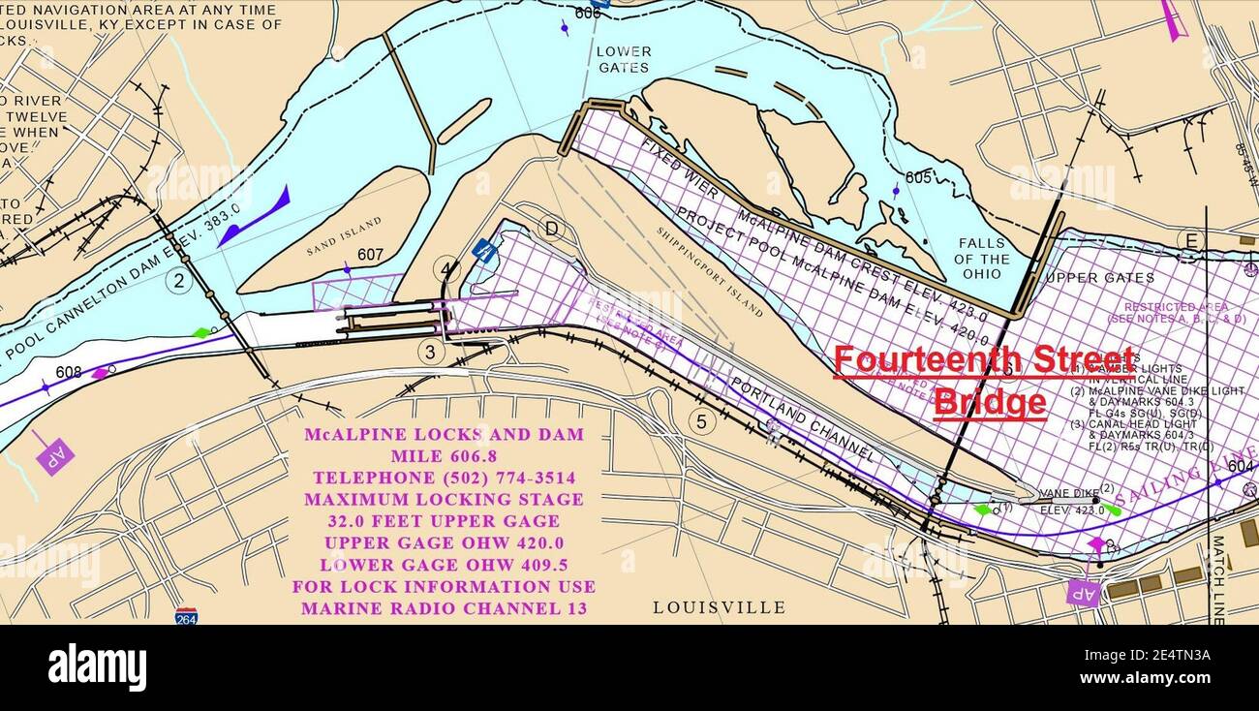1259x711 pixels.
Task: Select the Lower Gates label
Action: pyautogui.click(x=624, y=59)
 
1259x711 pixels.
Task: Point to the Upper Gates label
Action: pyautogui.click(x=1100, y=277)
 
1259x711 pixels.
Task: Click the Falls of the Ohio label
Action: pyautogui.click(x=981, y=259)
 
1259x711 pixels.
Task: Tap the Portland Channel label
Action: pyautogui.click(x=802, y=417)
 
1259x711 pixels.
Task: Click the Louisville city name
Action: pyautogui.click(x=719, y=607)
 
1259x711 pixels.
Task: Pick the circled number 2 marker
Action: pyautogui.click(x=178, y=281)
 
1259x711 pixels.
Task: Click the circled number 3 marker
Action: pyautogui.click(x=431, y=352)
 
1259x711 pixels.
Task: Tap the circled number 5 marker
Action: pyautogui.click(x=702, y=421)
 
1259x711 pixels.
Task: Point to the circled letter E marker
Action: pyautogui.click(x=1190, y=240)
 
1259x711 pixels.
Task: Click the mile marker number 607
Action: pyautogui.click(x=370, y=256)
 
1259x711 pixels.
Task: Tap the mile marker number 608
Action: pyautogui.click(x=69, y=372)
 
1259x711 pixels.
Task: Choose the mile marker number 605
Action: pyautogui.click(x=918, y=177)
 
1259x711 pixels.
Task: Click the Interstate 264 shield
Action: pyautogui.click(x=187, y=615)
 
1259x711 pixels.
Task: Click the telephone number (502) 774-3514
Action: pyautogui.click(x=444, y=478)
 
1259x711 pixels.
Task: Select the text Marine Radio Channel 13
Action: pyautogui.click(x=444, y=608)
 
